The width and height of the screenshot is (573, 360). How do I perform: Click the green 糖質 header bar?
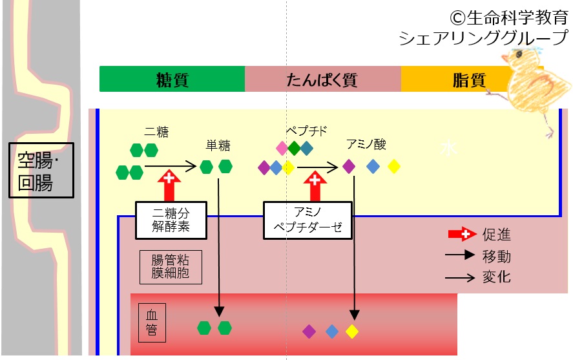[x=172, y=79]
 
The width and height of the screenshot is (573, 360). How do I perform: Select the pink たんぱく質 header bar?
[x=323, y=79]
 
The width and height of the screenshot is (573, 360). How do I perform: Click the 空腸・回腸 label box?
[x=41, y=171]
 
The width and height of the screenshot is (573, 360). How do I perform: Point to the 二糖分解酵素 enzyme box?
[x=171, y=220]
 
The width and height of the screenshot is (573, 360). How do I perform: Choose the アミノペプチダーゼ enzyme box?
[x=307, y=220]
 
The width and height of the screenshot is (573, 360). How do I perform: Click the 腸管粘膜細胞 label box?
[x=171, y=267]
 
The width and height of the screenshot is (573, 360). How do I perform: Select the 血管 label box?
[x=152, y=323]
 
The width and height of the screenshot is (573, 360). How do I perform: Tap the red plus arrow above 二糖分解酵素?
[x=169, y=185]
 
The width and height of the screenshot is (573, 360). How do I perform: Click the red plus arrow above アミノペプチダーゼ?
[x=315, y=185]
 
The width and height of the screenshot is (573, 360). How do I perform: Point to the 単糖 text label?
[x=218, y=145]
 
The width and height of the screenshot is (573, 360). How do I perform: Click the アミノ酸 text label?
[x=366, y=144]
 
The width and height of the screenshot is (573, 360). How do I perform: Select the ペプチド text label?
[x=307, y=131]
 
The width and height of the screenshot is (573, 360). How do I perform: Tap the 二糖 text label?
[x=156, y=132]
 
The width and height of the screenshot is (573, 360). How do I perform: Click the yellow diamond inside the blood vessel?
[x=352, y=332]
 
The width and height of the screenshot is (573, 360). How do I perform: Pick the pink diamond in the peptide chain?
[x=282, y=148]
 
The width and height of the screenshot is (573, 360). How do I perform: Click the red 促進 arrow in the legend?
[x=463, y=234]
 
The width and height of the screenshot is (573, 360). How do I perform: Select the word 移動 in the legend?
[x=496, y=256]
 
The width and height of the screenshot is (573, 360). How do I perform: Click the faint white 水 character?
[x=448, y=148]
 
